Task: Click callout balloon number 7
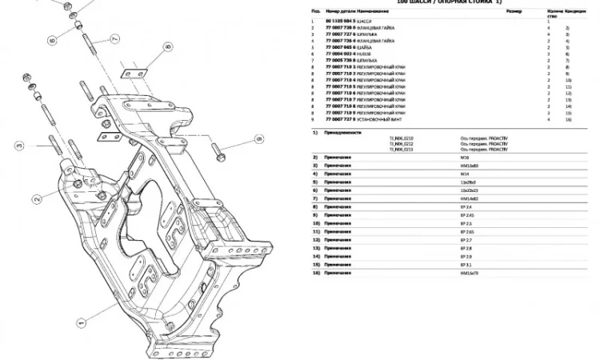(x=114, y=38)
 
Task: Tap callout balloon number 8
(x=169, y=47)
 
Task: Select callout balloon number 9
(x=259, y=139)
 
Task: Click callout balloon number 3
(x=18, y=146)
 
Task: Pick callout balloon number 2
(x=36, y=198)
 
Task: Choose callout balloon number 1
(x=80, y=325)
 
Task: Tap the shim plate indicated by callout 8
(x=134, y=74)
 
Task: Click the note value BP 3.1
(x=466, y=264)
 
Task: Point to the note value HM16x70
(x=469, y=273)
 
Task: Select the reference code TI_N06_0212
(x=402, y=144)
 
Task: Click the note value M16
(x=464, y=157)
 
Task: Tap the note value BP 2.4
(x=466, y=207)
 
